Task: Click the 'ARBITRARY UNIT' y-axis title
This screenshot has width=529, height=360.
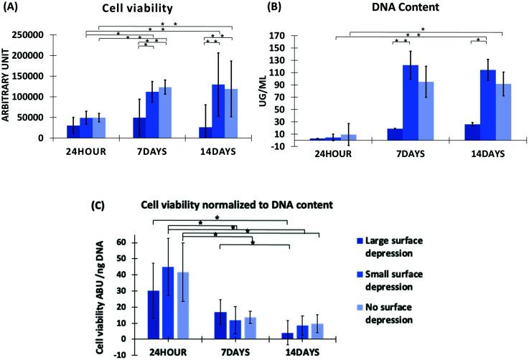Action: tap(8, 85)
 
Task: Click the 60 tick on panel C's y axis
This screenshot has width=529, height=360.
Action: tap(134, 242)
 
